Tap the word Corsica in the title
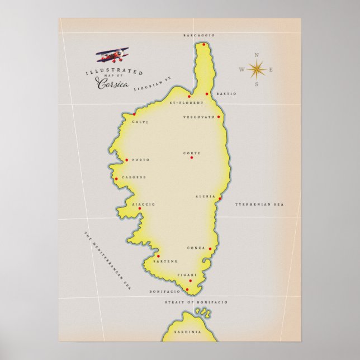pos(112,84)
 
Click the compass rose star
pos(257,69)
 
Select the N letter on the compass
pos(257,55)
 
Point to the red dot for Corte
pos(191,158)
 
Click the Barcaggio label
pos(199,35)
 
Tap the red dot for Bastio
pos(207,94)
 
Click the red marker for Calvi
pos(134,114)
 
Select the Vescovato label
pos(198,117)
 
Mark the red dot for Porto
pos(127,160)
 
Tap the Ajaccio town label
pos(144,205)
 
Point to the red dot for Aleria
pos(220,198)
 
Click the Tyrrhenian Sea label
pos(259,205)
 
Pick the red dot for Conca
pos(210,249)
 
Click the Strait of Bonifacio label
pos(196,302)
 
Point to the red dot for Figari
pos(190,281)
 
